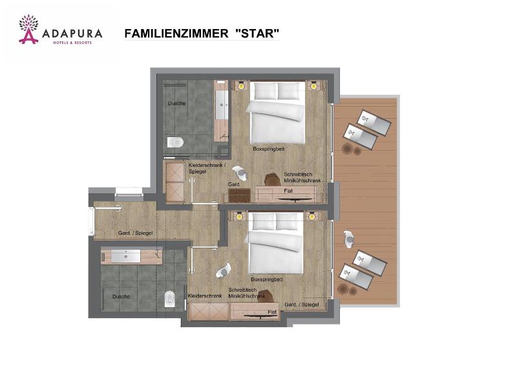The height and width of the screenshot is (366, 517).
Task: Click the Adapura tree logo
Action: coord(28,29)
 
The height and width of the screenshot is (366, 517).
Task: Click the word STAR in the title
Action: coord(257,34)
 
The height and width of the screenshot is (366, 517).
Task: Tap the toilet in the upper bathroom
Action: coord(175,142)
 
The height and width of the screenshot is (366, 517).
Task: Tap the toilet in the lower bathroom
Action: coord(169,299)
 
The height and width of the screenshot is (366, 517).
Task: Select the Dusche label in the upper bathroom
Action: coord(176,103)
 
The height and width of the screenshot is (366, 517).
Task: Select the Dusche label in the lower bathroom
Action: coord(121,296)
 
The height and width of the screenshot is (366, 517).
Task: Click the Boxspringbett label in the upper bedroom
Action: coord(268,149)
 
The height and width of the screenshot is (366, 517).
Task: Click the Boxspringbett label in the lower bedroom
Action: coord(267,279)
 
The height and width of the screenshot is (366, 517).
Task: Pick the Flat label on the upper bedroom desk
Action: coord(288,190)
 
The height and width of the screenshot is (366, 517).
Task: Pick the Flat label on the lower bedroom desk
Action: coord(272,312)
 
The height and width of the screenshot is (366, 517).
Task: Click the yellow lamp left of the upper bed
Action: coord(242,86)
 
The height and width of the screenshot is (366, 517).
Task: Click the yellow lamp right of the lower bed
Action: coord(311,217)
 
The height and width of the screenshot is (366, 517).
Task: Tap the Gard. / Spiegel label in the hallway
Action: coord(136,233)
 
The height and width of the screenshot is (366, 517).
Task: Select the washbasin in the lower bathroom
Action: coord(125,256)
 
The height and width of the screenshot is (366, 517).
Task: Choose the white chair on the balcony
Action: coord(348,239)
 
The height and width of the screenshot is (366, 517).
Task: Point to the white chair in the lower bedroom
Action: coord(224,270)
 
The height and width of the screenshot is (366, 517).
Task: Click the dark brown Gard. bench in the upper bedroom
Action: coord(239,195)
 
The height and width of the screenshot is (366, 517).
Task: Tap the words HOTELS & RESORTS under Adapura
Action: coord(72,43)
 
